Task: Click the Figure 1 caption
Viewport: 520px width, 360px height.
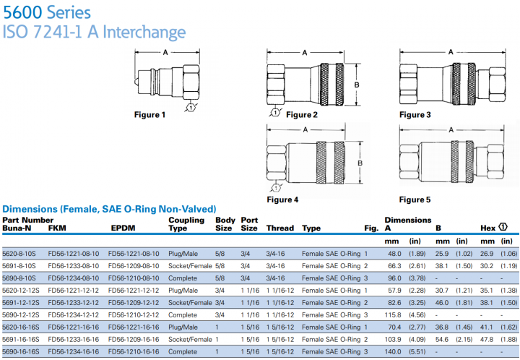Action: (149, 114)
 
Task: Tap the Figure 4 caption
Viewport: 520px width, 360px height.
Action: (283, 199)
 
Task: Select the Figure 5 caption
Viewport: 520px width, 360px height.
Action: (415, 200)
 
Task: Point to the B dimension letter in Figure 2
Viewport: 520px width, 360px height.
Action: (357, 85)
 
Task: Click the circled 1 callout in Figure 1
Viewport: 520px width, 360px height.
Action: (190, 108)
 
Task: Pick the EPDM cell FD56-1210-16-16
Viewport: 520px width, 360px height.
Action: (134, 351)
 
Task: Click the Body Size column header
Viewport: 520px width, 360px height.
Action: (224, 224)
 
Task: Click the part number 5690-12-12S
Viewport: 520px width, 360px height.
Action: (22, 314)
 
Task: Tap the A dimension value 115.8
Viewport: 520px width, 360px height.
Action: (393, 314)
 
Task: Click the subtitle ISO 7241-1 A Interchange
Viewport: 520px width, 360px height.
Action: (94, 33)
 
